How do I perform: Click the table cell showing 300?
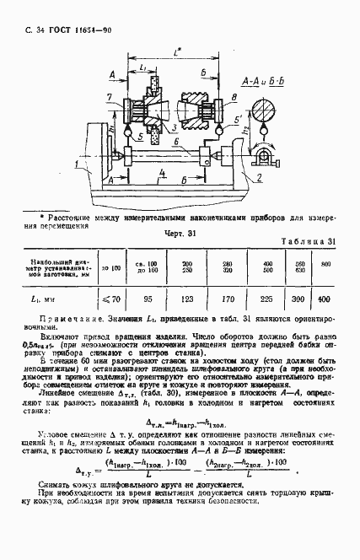(298, 298)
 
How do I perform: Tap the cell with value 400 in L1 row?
(324, 298)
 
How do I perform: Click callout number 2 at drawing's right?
(262, 178)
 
